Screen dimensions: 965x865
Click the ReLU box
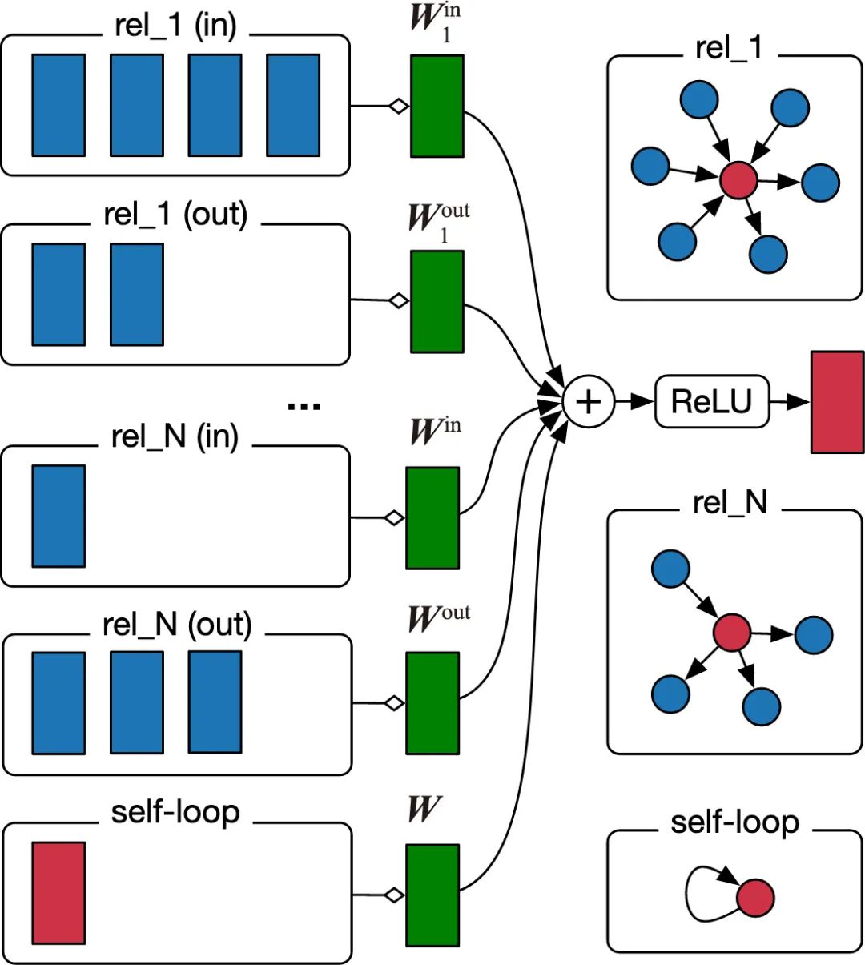pyautogui.click(x=712, y=401)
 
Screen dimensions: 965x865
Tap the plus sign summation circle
pyautogui.click(x=588, y=401)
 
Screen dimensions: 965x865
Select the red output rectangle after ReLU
pyautogui.click(x=837, y=402)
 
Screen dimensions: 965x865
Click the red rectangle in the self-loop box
pyautogui.click(x=58, y=893)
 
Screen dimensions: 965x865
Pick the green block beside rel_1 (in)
pyautogui.click(x=437, y=106)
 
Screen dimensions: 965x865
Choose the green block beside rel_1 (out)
pyautogui.click(x=437, y=301)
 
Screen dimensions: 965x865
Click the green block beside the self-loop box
pyautogui.click(x=432, y=895)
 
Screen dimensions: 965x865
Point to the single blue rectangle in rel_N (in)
pyautogui.click(x=58, y=517)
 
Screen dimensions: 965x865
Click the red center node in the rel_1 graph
pyautogui.click(x=738, y=180)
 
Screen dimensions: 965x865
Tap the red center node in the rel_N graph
pyautogui.click(x=731, y=633)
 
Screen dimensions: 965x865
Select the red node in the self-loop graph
pyautogui.click(x=754, y=898)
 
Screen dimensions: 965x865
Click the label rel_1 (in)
pyautogui.click(x=176, y=26)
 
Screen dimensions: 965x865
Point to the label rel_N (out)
pyautogui.click(x=177, y=625)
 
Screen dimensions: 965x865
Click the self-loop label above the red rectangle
pyautogui.click(x=175, y=812)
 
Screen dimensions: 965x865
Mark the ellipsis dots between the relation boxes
pyautogui.click(x=304, y=407)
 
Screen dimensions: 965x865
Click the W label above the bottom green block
pyautogui.click(x=424, y=810)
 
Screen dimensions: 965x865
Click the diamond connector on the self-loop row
pyautogui.click(x=394, y=895)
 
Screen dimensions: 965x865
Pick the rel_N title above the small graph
pyautogui.click(x=730, y=502)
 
